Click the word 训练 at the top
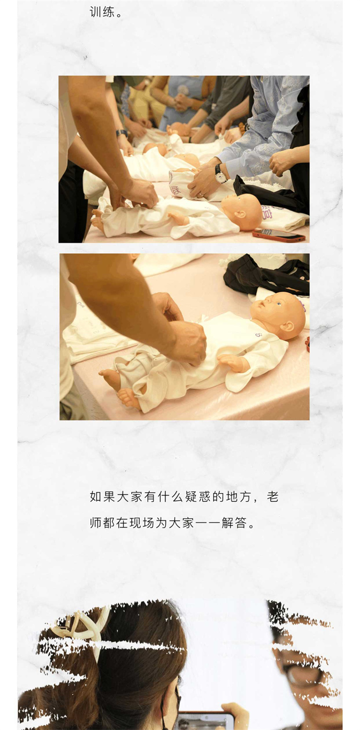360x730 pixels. [102, 12]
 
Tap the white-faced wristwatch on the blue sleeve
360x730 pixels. [221, 175]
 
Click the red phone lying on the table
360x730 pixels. [279, 235]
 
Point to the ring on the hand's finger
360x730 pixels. [201, 195]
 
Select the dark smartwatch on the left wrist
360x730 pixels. [121, 133]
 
